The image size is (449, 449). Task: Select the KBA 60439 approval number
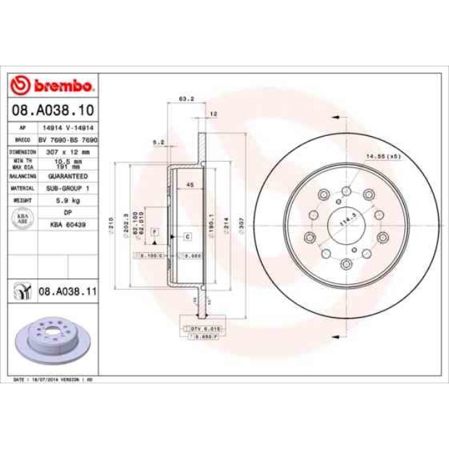(x=68, y=224)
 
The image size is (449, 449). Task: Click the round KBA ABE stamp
(x=22, y=219)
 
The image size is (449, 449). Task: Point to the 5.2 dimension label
(x=157, y=142)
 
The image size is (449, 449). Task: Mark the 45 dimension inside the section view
(x=190, y=184)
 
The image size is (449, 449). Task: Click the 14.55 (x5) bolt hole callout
(x=383, y=156)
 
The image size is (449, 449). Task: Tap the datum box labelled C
(x=187, y=236)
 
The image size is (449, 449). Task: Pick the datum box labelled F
(x=155, y=229)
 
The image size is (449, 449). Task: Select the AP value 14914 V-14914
(x=68, y=128)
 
